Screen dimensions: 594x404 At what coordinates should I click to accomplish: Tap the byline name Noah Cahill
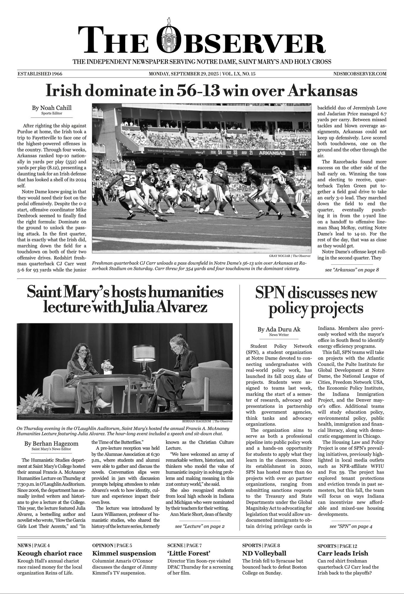(x=52, y=108)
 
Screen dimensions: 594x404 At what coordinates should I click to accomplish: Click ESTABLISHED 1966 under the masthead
(x=40, y=74)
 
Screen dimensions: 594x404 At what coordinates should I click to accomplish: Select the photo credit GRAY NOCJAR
(x=280, y=256)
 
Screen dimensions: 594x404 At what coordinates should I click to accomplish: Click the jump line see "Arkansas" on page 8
(x=352, y=270)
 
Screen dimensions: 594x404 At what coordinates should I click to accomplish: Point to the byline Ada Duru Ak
(x=279, y=329)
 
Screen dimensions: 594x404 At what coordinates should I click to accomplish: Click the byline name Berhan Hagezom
(x=51, y=443)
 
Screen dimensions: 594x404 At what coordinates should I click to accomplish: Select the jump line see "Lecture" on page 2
(x=200, y=526)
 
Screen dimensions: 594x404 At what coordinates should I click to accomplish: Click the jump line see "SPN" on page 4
(x=351, y=526)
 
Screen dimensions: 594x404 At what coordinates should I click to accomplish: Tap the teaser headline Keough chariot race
(x=50, y=553)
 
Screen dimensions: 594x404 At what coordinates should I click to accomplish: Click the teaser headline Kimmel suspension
(x=124, y=553)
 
